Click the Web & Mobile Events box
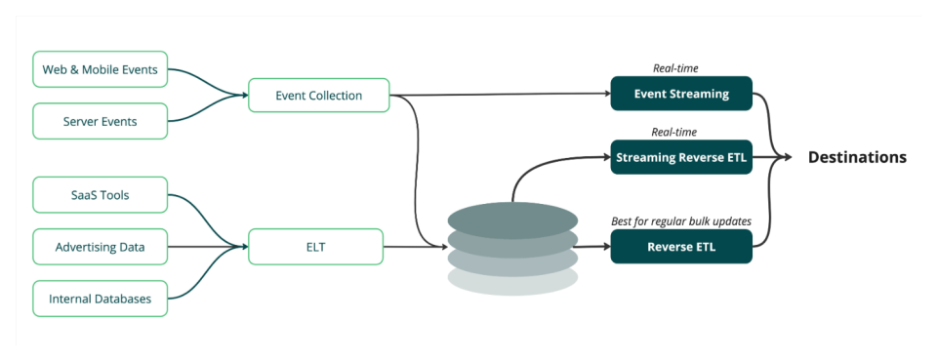(x=101, y=69)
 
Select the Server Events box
(x=101, y=121)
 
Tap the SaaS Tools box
(x=101, y=195)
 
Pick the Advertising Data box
(x=101, y=247)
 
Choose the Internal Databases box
(x=101, y=299)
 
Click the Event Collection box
(x=319, y=96)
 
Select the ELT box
(x=314, y=247)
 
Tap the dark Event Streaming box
(x=681, y=94)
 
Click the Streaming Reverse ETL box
(x=681, y=157)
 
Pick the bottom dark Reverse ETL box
(x=681, y=247)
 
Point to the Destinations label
(x=857, y=157)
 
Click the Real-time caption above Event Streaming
(x=675, y=68)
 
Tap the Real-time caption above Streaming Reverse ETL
(x=675, y=132)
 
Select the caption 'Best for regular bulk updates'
(x=681, y=221)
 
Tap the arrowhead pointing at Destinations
(x=788, y=157)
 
